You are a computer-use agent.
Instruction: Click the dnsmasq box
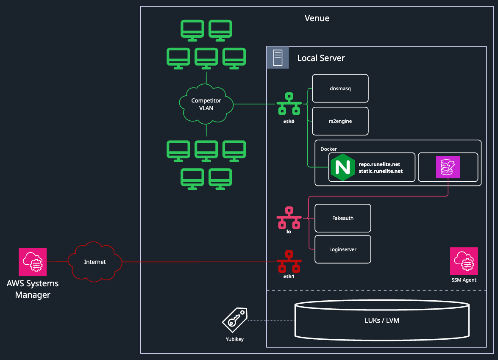(340, 88)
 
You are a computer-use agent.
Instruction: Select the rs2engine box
(340, 121)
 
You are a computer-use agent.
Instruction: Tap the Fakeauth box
(343, 218)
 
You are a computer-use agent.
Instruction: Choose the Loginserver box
(343, 249)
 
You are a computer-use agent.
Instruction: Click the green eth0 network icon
(289, 103)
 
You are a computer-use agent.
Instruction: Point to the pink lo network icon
(289, 218)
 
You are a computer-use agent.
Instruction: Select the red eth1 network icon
(289, 262)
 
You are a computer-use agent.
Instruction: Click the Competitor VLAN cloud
(206, 104)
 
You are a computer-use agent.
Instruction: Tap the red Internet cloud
(95, 262)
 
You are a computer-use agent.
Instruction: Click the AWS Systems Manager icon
(33, 262)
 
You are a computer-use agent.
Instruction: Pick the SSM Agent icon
(464, 261)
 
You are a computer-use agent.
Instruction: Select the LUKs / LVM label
(382, 320)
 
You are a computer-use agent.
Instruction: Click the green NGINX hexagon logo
(342, 167)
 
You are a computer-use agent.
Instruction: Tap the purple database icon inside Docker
(448, 167)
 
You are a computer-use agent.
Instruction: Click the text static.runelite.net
(381, 171)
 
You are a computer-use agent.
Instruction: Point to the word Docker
(328, 149)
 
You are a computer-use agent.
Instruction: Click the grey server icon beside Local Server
(278, 58)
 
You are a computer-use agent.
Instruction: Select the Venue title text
(317, 18)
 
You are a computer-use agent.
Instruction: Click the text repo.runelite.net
(379, 164)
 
